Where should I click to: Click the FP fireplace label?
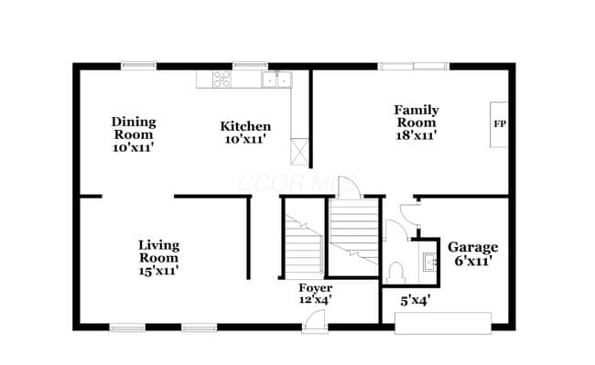point(500,123)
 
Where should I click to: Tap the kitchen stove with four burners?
point(221,79)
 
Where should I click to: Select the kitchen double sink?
point(276,80)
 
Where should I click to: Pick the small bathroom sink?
point(429,263)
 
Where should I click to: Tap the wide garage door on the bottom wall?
point(442,323)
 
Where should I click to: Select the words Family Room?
point(416,115)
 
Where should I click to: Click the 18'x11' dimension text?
point(416,135)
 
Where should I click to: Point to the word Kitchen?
point(244,126)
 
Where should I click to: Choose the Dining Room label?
point(134,128)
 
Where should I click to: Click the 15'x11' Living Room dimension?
point(158,271)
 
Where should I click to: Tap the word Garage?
point(472,247)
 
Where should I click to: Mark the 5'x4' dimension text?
point(416,298)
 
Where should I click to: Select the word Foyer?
point(315,287)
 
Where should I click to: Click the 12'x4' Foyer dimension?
point(315,299)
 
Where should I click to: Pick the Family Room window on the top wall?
point(414,66)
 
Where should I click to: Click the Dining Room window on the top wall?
point(139,65)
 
